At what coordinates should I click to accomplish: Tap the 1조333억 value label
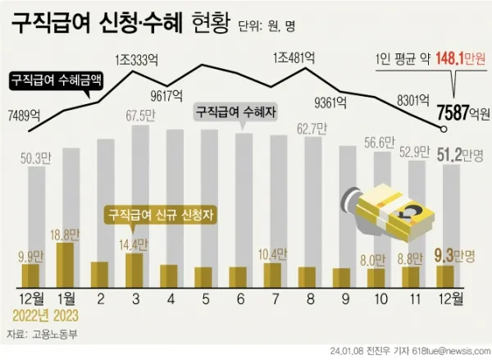pos(137,58)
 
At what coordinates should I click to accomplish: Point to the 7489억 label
pos(24,116)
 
